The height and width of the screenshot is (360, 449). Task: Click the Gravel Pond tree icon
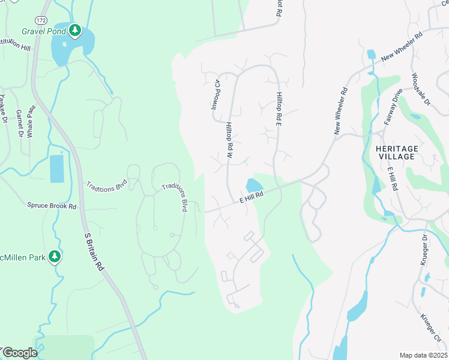click(74, 30)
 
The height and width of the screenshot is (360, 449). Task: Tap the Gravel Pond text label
click(44, 31)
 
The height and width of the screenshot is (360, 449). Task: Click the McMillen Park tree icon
click(55, 257)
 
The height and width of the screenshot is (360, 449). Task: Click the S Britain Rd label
click(96, 252)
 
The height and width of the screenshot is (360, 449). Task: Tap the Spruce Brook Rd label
click(52, 205)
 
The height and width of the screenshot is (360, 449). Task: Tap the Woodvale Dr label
click(421, 89)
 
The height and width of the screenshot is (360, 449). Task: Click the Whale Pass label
click(32, 121)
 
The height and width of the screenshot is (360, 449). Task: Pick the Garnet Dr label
click(19, 122)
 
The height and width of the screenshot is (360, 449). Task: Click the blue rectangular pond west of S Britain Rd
click(56, 169)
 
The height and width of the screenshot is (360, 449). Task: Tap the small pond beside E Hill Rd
click(254, 185)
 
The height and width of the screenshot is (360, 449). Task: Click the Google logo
click(19, 353)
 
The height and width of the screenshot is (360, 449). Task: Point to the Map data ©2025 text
click(423, 355)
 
